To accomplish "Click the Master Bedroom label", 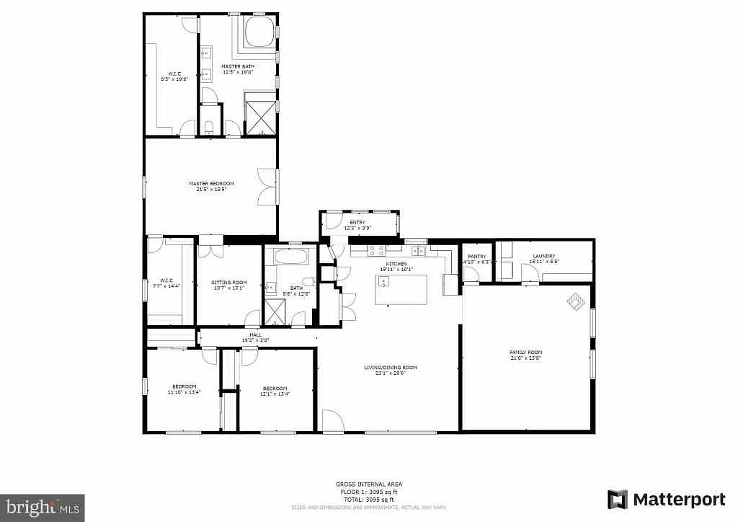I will pyautogui.click(x=211, y=184).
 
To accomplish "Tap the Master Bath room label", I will pyautogui.click(x=238, y=66).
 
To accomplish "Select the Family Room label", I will pyautogui.click(x=525, y=353).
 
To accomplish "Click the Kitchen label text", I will pyautogui.click(x=396, y=265).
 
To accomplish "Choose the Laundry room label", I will pyautogui.click(x=543, y=256).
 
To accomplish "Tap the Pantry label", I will pyautogui.click(x=477, y=257).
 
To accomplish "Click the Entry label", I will pyautogui.click(x=357, y=223).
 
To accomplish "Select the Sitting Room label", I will pyautogui.click(x=229, y=283).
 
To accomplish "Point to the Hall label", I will pyautogui.click(x=255, y=335).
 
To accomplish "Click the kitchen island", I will pyautogui.click(x=401, y=290).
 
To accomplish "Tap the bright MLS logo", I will pyautogui.click(x=43, y=507).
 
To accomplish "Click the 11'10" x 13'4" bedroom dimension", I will pyautogui.click(x=184, y=393).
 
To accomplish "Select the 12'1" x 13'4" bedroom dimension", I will pyautogui.click(x=275, y=393).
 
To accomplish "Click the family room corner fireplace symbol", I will pyautogui.click(x=576, y=301).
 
